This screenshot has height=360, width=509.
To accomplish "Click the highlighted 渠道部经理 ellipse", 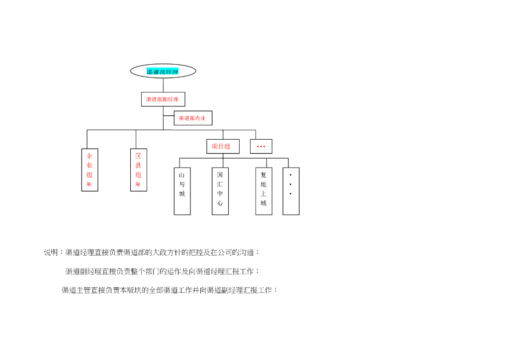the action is tap(163, 71).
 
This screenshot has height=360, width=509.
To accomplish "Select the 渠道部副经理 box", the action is tap(163, 99).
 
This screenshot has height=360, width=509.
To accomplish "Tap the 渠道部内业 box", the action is tap(193, 118).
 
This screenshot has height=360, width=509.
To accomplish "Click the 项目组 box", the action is tap(223, 146).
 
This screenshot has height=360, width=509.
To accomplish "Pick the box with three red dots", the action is tap(261, 146).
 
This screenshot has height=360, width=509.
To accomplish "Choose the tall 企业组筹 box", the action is tap(89, 170).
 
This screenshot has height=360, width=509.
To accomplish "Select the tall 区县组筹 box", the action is tap(138, 170).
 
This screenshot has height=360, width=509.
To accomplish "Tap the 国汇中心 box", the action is tap(220, 191).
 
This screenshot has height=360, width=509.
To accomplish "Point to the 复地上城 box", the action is tap(263, 191).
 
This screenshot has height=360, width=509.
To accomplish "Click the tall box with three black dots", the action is tap(291, 191).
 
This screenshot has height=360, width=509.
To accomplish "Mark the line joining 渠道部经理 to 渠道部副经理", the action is tap(163, 85).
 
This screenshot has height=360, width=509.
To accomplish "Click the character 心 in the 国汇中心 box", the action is tap(220, 203).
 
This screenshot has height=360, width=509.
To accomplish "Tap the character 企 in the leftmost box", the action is tap(89, 156).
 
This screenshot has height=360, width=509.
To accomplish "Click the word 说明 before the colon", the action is tap(51, 253).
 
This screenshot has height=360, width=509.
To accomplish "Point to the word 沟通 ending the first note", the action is tap(247, 253).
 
